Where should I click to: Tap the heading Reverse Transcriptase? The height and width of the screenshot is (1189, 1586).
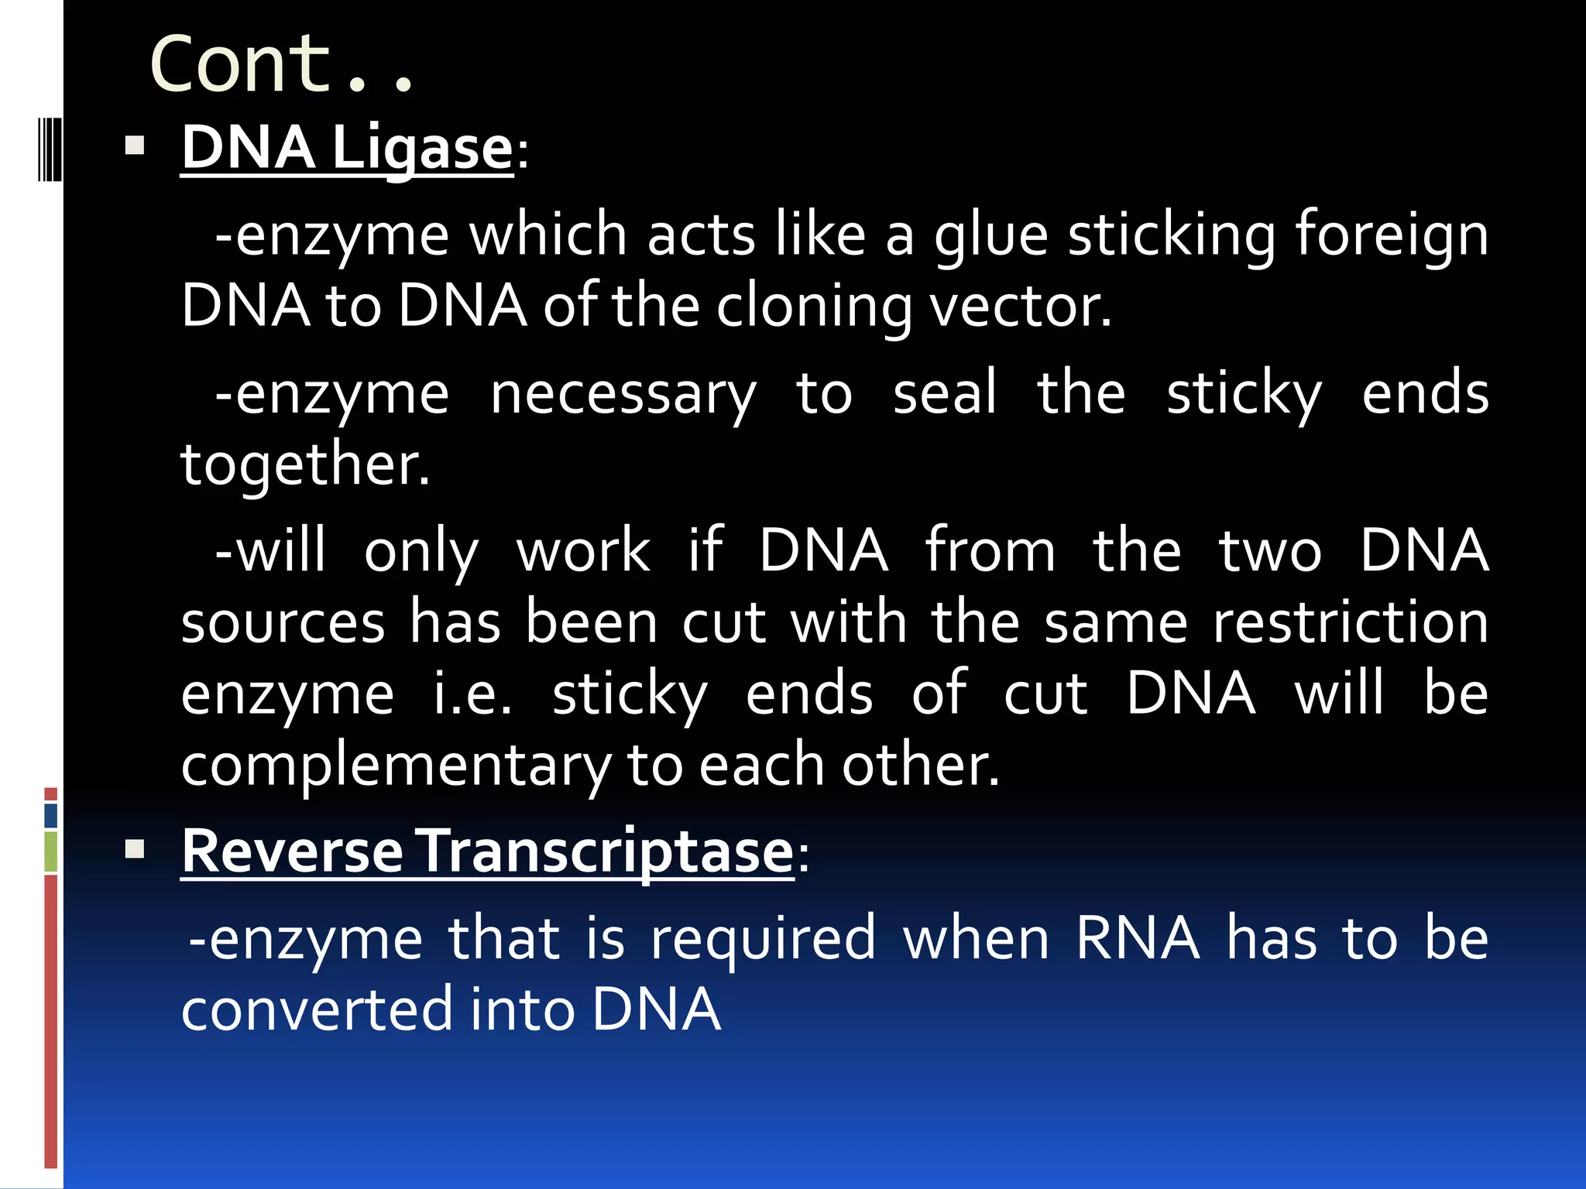coord(488,851)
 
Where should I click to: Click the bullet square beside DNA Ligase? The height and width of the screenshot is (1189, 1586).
coord(135,146)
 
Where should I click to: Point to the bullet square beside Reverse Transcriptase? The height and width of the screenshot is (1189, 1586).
coord(135,850)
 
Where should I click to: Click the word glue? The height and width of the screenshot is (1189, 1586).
coord(991,236)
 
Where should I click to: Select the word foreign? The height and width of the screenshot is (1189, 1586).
coord(1392,236)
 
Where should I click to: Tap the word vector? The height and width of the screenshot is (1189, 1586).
coord(1020,307)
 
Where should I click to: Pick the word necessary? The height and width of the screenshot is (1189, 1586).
coord(623,395)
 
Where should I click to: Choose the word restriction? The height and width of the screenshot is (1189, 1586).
coord(1350,622)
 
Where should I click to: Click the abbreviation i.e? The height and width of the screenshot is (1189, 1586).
coord(472,694)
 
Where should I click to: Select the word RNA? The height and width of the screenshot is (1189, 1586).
coord(1138,938)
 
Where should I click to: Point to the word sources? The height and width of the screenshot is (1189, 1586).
coord(283,623)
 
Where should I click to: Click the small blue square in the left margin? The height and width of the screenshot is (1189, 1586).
coord(51,816)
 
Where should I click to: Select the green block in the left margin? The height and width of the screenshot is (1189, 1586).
coord(51,851)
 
